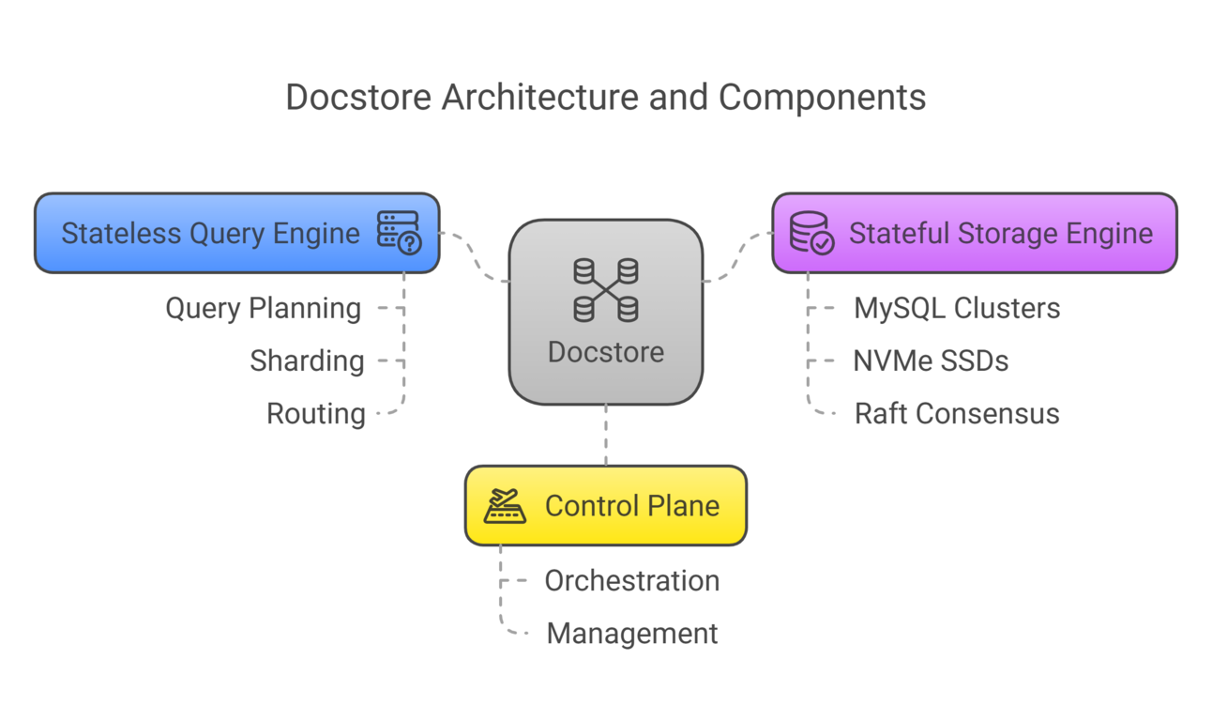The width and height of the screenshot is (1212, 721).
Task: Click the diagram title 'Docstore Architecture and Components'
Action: [605, 98]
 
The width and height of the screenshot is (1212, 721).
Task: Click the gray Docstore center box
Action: [605, 313]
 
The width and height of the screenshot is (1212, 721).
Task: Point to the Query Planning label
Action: [263, 308]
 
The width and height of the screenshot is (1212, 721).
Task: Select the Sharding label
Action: [307, 360]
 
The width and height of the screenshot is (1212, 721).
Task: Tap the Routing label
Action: [315, 413]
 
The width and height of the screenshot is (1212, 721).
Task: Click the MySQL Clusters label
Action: [957, 308]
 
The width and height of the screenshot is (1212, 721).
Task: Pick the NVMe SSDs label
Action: [931, 360]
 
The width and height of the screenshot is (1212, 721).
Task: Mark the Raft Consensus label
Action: [957, 413]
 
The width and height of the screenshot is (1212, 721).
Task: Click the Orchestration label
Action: [631, 580]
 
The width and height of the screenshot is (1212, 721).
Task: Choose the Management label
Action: [631, 634]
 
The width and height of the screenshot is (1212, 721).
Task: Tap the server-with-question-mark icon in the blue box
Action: [399, 233]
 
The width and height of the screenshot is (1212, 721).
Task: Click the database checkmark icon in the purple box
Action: [811, 233]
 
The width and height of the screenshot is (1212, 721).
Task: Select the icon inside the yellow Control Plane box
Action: [505, 506]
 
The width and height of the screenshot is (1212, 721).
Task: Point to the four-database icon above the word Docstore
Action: [605, 290]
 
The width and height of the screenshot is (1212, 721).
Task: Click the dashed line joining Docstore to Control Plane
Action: [605, 435]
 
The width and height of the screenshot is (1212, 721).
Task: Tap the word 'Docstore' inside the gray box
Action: [605, 352]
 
